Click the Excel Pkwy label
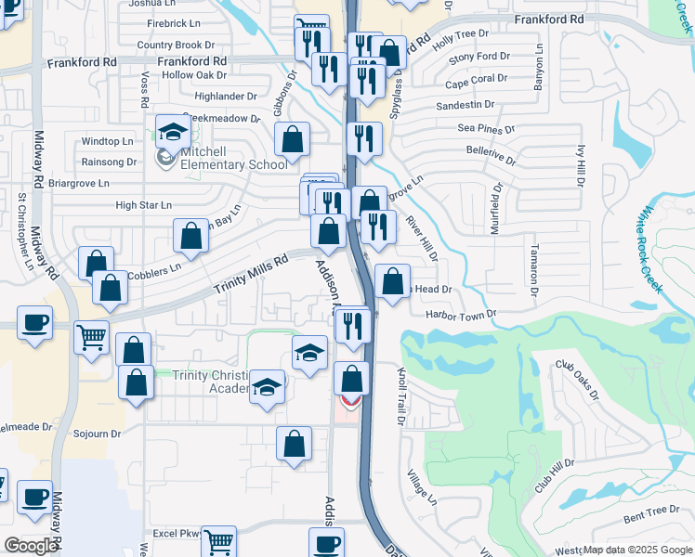177,534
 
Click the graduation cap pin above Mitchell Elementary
173,133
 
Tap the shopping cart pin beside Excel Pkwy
218,541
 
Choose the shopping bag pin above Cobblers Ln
190,236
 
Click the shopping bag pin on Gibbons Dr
293,140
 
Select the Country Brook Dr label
175,45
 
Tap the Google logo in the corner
31,546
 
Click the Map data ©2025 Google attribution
636,550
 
